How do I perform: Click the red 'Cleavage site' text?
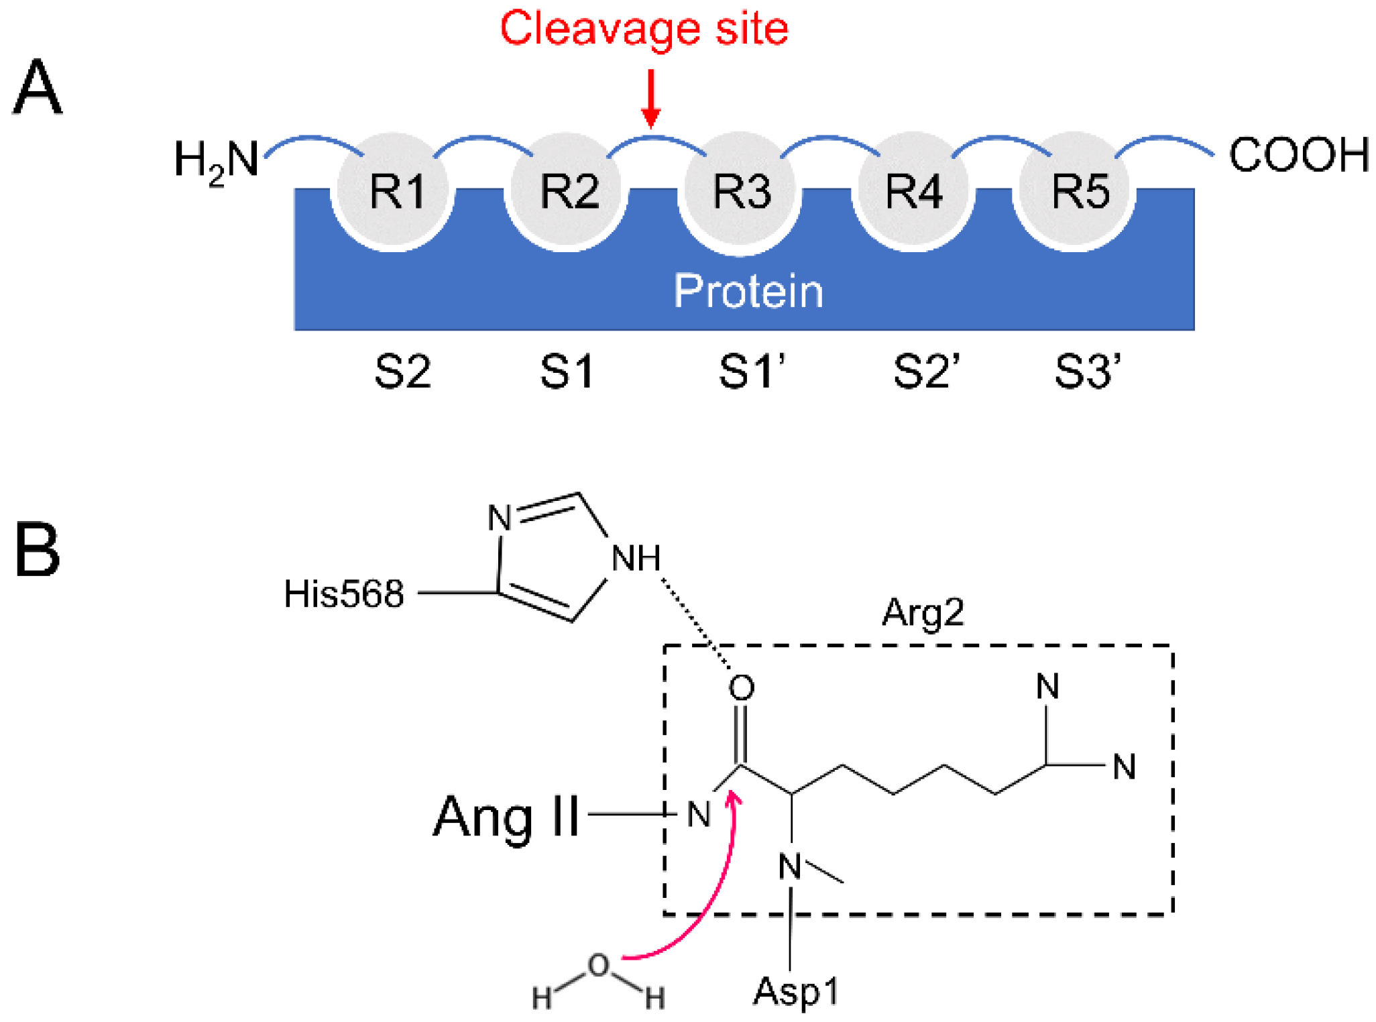coord(644,28)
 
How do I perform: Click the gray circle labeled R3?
coord(741,191)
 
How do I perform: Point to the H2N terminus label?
coord(216,161)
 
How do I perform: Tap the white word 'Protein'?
coord(748,292)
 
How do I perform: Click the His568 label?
coord(343,594)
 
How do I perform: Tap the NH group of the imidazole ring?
coord(636,558)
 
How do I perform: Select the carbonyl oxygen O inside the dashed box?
coord(742,688)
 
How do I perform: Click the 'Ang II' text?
coord(506,817)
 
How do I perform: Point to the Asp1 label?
coord(796,991)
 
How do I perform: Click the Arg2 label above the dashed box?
coord(923,612)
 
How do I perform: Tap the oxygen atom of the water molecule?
coord(598,966)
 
